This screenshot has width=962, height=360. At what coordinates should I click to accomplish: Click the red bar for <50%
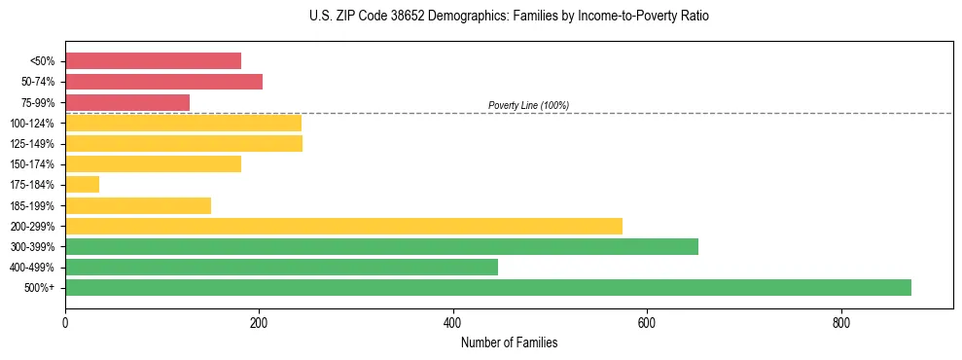coord(153,61)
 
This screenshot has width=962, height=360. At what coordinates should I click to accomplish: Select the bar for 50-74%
coord(163,82)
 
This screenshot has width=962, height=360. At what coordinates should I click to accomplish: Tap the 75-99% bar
coord(127,102)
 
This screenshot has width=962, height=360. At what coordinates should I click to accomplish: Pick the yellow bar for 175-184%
coord(82,184)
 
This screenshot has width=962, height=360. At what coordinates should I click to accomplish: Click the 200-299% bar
coord(343,226)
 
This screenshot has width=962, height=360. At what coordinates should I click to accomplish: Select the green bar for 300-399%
coord(381,246)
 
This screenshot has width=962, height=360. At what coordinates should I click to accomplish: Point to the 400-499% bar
coord(281,267)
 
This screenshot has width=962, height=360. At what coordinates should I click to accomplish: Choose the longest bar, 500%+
coord(488,287)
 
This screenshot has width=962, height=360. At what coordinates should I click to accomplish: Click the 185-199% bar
coord(138,205)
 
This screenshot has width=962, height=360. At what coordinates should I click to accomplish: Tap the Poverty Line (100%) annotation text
coord(528,105)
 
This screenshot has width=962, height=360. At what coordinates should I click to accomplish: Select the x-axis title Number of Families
coord(509,342)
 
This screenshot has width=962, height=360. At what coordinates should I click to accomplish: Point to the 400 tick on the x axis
coord(452,321)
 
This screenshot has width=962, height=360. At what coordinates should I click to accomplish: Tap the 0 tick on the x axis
coord(65,321)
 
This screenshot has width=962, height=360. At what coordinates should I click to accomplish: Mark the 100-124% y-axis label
coord(32,124)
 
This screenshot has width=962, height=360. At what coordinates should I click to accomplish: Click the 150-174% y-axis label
coord(32,164)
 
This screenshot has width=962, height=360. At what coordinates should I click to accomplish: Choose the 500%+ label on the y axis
coord(39,288)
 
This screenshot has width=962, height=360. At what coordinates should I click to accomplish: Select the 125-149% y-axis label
coord(32,144)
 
